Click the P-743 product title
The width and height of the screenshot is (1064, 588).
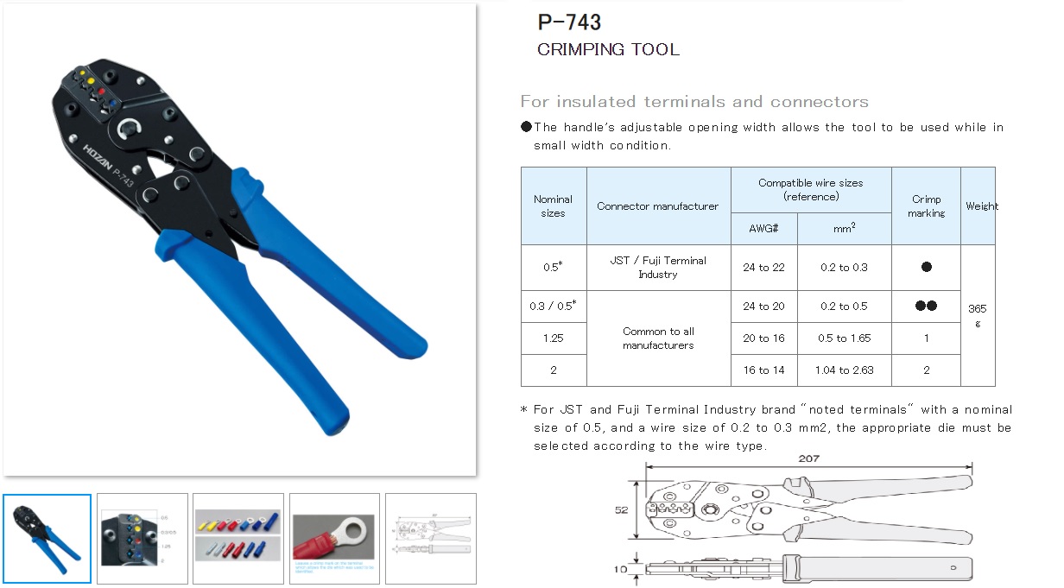pyautogui.click(x=569, y=22)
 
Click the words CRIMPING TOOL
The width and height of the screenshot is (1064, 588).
pyautogui.click(x=608, y=49)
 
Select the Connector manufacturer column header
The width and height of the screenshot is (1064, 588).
pyautogui.click(x=657, y=206)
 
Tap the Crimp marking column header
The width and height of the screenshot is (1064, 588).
pyautogui.click(x=926, y=205)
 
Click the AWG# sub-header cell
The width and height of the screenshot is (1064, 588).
pyautogui.click(x=763, y=229)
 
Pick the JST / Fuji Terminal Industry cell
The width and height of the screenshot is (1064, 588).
pyautogui.click(x=657, y=268)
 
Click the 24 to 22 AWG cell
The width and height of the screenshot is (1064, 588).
pyautogui.click(x=763, y=268)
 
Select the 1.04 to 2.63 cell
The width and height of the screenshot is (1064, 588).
pyautogui.click(x=844, y=370)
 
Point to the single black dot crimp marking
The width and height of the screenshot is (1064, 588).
pyautogui.click(x=926, y=268)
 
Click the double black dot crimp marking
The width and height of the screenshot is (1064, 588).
pyautogui.click(x=926, y=307)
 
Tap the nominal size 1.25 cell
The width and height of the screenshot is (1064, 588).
pyautogui.click(x=553, y=338)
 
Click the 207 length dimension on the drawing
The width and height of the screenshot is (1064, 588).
pyautogui.click(x=808, y=459)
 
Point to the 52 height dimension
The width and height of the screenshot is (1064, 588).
pyautogui.click(x=621, y=510)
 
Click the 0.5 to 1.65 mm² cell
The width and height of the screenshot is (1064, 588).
pyautogui.click(x=844, y=338)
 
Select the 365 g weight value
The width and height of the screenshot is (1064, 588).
pyautogui.click(x=977, y=315)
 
